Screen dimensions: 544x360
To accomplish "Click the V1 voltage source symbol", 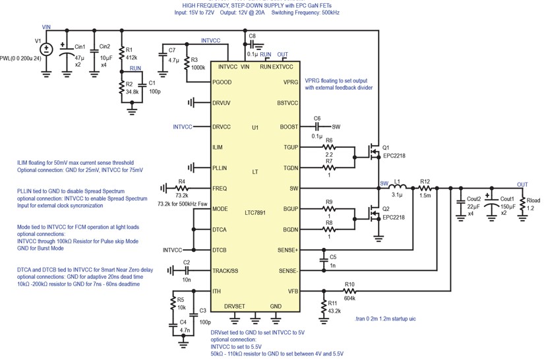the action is point(46,49).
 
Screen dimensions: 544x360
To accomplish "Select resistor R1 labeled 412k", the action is point(121,54).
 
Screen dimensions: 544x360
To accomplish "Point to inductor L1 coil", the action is point(398,188).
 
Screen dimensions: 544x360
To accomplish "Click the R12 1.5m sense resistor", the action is point(425,189).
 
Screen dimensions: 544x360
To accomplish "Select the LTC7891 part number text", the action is point(255,212).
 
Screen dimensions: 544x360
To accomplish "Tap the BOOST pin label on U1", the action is point(289,127).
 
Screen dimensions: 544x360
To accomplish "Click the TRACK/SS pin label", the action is point(225,271).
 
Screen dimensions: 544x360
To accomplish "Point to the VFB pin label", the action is point(293,291).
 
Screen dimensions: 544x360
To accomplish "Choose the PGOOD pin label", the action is point(222,82).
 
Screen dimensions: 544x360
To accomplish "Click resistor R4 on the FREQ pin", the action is point(181,189).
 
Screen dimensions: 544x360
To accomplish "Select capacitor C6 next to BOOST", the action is point(317,127).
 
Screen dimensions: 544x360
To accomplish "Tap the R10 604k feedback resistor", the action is point(349,291).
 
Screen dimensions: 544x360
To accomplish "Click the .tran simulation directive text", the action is point(385,318).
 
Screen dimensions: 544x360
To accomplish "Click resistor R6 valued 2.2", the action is point(329,148).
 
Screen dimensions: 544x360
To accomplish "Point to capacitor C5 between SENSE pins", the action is point(324,260).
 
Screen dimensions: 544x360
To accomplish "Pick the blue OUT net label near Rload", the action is point(522,185).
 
